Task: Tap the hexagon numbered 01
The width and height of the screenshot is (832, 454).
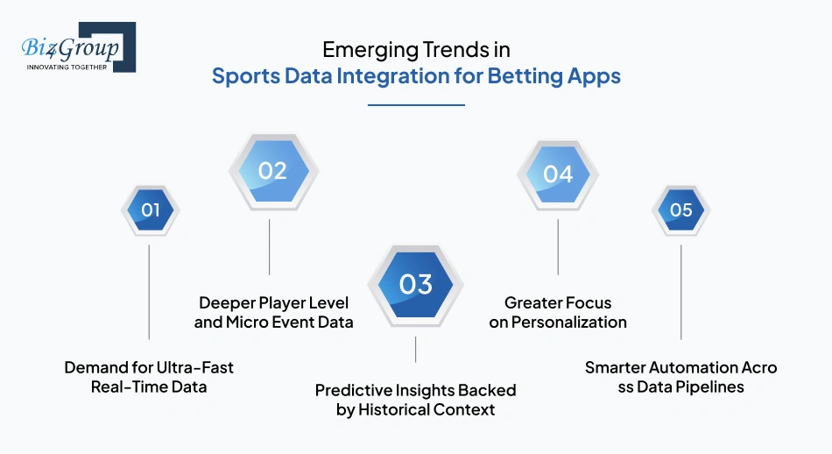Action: tap(150, 210)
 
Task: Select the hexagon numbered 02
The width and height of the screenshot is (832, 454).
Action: tap(272, 170)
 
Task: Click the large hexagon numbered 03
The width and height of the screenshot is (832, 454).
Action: tap(415, 284)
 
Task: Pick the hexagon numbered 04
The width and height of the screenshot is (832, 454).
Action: tap(558, 174)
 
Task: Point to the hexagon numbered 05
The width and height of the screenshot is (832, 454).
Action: tap(680, 210)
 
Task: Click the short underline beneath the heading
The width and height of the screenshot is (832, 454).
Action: tap(415, 105)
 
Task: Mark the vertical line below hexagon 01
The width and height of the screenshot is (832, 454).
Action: tap(150, 292)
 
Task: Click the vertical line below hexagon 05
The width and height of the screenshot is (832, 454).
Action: tap(680, 292)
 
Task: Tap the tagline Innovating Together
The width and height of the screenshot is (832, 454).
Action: tap(67, 67)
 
